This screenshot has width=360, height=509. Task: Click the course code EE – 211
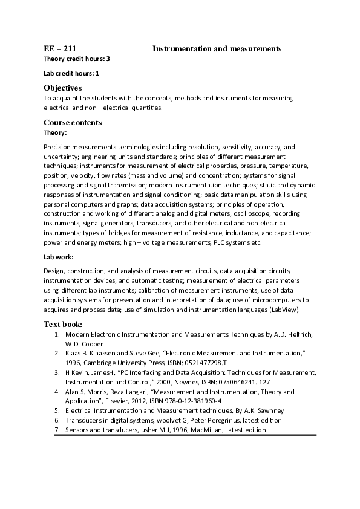60,48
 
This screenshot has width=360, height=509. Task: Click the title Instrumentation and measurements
217,48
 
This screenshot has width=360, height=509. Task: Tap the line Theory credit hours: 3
76,59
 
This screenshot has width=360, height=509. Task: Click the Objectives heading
62,88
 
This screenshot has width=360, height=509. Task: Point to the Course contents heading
73,123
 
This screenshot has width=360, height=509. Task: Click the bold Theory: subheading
55,132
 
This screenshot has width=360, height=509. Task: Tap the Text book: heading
63,324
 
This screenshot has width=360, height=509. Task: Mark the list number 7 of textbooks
57,430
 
